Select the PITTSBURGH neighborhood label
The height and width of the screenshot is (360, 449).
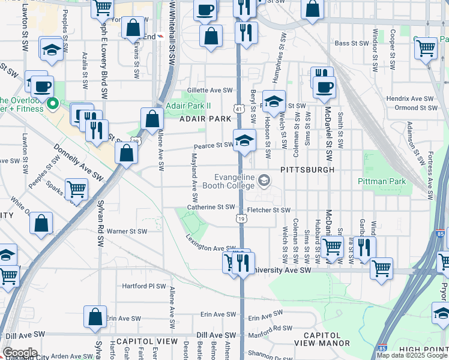click(x=307, y=170)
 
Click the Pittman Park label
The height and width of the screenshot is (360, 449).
click(x=382, y=181)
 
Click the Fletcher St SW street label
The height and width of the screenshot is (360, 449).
click(x=269, y=210)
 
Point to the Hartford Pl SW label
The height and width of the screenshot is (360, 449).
click(x=143, y=286)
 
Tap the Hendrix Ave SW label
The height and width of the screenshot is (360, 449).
click(x=410, y=98)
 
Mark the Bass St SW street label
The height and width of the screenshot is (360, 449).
click(x=351, y=43)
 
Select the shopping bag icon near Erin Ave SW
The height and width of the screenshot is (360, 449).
click(x=95, y=318)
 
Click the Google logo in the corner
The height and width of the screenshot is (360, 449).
click(x=20, y=353)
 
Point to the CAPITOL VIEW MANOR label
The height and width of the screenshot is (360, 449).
click(x=322, y=339)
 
